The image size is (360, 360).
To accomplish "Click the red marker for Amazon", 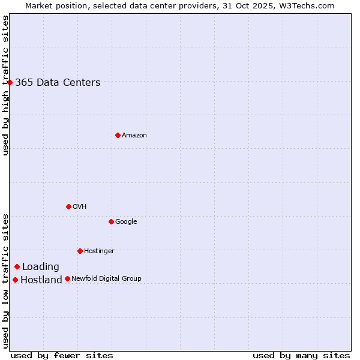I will (x=118, y=135).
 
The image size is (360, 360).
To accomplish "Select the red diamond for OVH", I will (x=68, y=206).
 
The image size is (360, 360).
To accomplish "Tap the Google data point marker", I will (x=111, y=221).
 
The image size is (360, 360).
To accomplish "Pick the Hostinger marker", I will (x=80, y=251).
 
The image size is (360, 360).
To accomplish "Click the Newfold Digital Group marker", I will (x=67, y=278).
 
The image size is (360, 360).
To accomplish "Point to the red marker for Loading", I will (x=17, y=266).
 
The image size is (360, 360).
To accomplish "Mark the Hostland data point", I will (x=15, y=280).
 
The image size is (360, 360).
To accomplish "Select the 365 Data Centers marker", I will (x=10, y=82).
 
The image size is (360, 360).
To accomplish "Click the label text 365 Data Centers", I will (x=58, y=83).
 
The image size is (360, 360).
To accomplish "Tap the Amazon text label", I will (x=134, y=136).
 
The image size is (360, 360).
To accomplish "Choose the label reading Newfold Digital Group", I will (x=106, y=278).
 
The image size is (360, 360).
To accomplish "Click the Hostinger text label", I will (x=99, y=251).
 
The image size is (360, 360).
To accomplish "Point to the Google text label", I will (x=126, y=222).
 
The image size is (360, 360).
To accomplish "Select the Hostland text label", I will (x=41, y=280).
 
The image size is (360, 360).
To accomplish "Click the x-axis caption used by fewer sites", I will (x=62, y=355).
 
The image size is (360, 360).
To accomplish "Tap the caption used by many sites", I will (x=301, y=355).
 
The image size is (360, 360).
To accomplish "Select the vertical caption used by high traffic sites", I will (x=6, y=85).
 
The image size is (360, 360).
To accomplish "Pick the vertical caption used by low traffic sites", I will (x=6, y=280).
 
